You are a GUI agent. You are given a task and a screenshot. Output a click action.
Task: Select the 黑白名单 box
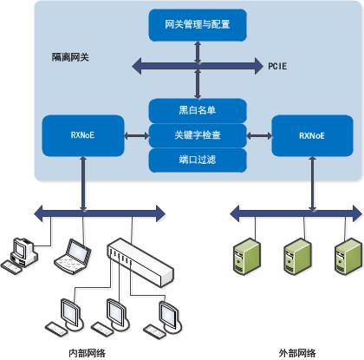coord(198,109)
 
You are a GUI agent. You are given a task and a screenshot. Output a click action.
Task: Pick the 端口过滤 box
coord(198,160)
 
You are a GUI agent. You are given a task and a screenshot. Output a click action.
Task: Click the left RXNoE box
coord(82,135)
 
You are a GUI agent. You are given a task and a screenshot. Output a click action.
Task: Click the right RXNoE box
coord(312,135)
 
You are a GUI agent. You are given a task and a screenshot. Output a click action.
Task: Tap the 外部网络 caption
coord(297,352)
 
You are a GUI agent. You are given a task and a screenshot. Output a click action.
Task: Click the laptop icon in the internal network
coord(73,255)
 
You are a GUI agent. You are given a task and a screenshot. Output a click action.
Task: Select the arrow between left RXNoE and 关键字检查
coord(135,135)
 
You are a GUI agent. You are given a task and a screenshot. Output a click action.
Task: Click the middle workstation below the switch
coord(112,313)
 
